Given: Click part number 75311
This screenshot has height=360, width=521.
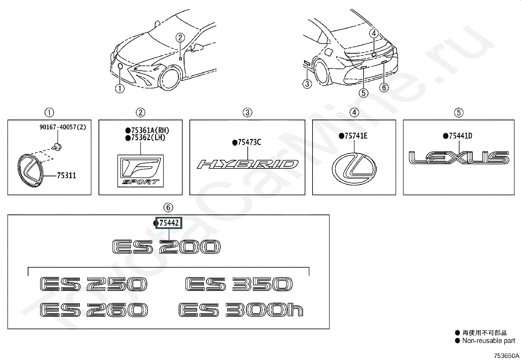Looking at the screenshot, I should click(66, 176).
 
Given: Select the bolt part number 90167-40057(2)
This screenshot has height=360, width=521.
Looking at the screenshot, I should click(63, 127).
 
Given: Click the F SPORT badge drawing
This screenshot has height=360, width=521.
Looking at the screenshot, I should click(141, 171).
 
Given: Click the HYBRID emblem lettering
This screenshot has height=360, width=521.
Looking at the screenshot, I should click(247, 164).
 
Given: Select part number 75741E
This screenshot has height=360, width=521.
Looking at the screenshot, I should click(356, 136).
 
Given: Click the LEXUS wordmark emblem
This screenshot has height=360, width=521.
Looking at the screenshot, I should click(459, 158).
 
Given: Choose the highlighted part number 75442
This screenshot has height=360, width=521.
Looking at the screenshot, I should click(169, 223).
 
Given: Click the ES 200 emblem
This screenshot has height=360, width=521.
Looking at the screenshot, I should click(166, 247).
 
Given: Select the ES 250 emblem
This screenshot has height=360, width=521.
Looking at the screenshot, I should click(93, 284).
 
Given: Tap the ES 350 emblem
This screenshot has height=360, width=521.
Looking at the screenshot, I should click(239, 284).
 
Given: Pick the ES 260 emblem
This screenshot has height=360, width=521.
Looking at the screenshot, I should click(94, 310).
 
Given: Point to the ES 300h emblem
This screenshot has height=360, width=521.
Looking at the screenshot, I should click(241, 310).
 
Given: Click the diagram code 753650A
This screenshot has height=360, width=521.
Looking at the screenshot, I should click(507, 356).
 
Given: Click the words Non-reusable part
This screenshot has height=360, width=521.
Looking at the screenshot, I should click(488, 341).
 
